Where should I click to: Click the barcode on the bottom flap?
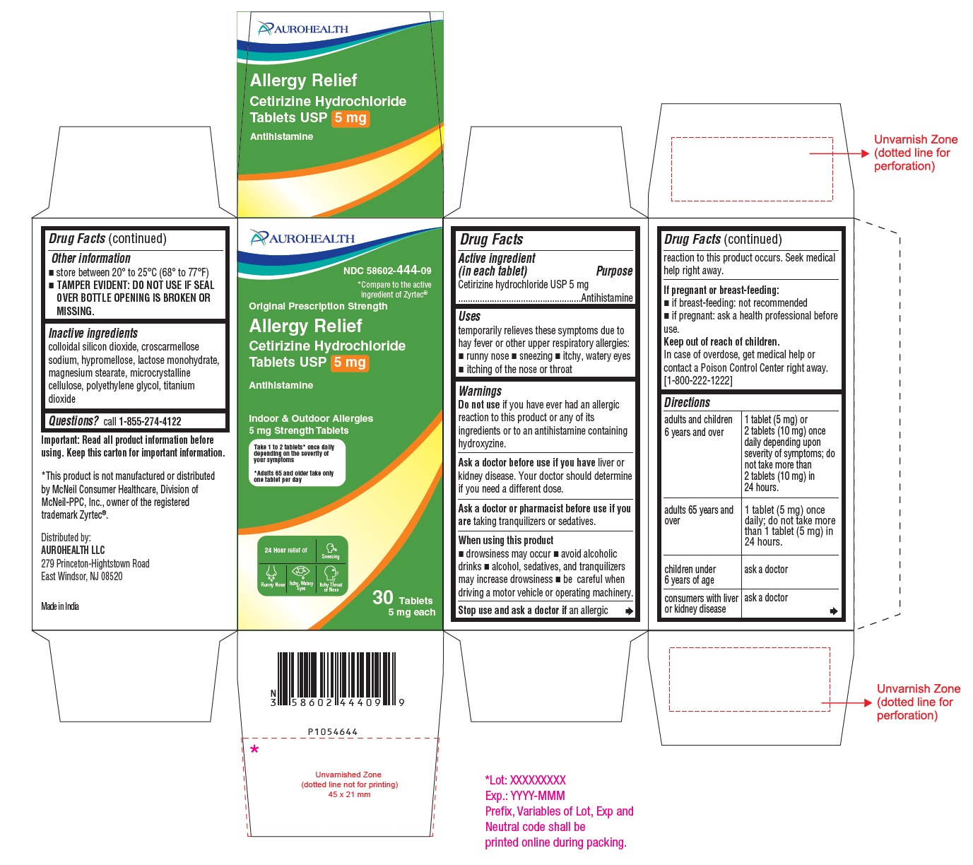[x=336, y=678]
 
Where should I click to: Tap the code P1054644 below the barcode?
[x=333, y=732]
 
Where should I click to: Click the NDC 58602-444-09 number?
[x=387, y=270]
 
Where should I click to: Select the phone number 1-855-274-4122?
[x=150, y=421]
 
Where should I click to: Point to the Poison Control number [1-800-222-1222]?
[x=698, y=381]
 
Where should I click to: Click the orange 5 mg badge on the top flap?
[x=350, y=118]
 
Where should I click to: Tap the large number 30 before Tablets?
[x=383, y=598]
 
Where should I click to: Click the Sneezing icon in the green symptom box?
[x=331, y=549]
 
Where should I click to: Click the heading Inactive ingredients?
[x=93, y=333]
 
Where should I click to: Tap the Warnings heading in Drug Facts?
[x=480, y=391]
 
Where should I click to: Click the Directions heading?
[x=687, y=402]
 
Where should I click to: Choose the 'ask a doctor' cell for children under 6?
[x=766, y=570]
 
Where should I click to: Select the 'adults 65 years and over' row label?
[x=699, y=515]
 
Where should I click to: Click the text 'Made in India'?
[x=60, y=606]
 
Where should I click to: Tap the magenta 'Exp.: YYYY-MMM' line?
[x=525, y=796]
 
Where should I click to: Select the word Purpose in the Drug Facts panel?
[x=614, y=271]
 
